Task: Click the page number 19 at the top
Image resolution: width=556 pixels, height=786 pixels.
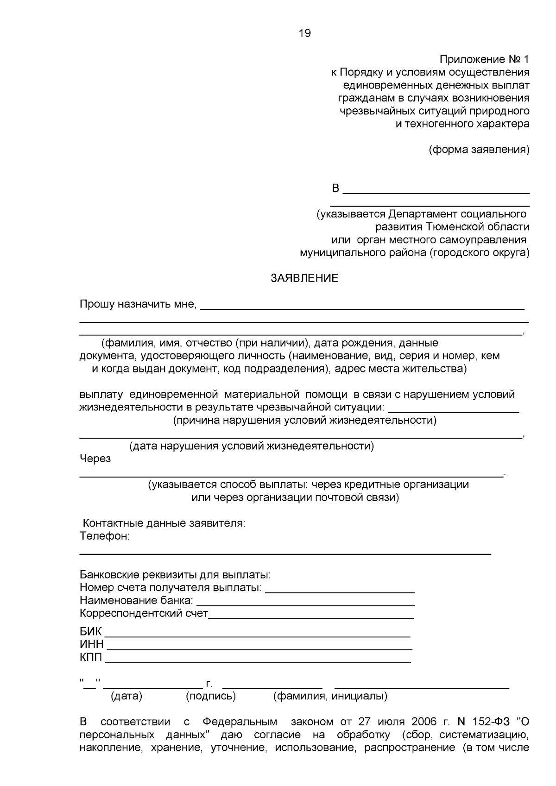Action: pos(305,33)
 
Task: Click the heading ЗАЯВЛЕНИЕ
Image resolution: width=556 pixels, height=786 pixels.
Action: pos(304,278)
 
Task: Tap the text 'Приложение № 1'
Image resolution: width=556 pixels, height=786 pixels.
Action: pos(484,60)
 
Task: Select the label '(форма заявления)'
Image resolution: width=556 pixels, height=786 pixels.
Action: pos(479,150)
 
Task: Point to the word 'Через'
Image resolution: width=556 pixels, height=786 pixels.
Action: pos(95,459)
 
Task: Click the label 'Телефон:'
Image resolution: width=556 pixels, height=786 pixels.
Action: pos(104,536)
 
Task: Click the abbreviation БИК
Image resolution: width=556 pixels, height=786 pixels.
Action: pos(90,632)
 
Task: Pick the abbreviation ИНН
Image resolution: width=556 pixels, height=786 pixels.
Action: pos(91,645)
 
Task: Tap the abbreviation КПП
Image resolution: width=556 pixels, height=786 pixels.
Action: pos(91,658)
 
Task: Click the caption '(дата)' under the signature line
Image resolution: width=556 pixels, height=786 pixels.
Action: pos(126,696)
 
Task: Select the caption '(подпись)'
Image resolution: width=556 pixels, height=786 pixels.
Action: pos(210,696)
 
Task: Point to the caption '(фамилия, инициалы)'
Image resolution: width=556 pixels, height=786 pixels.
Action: pos(330,696)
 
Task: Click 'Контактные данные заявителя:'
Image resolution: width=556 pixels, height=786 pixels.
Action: pos(164,523)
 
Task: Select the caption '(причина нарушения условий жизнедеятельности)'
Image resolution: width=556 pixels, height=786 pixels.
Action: pos(304,421)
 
